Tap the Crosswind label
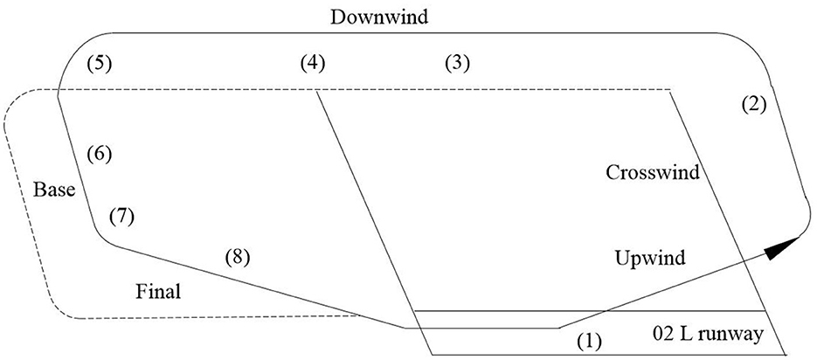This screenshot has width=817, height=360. tap(653, 172)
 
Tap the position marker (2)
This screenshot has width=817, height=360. tap(752, 104)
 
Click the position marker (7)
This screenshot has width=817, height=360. tap(120, 217)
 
